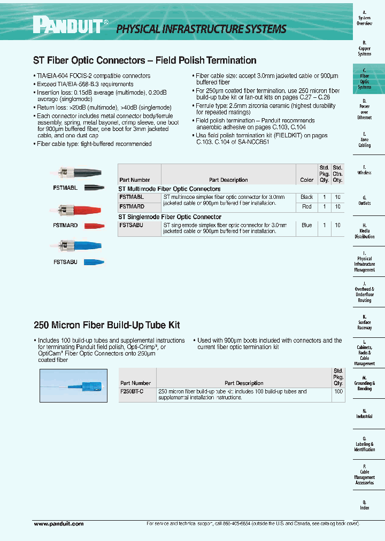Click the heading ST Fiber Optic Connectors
coord(145,60)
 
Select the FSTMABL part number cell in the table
coord(132,197)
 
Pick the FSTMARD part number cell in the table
coord(132,206)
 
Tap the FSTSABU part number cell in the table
coord(132,226)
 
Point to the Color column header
coord(306,180)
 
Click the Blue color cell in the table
coord(306,226)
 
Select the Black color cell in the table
coord(306,197)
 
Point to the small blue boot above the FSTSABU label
coord(94,262)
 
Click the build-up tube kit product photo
coord(74,385)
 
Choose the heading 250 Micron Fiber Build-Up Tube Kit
coord(107,325)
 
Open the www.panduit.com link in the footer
coord(59,524)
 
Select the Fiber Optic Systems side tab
coord(365,79)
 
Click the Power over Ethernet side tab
coord(365,109)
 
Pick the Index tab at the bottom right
coord(365,505)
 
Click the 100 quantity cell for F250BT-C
coord(338,392)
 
